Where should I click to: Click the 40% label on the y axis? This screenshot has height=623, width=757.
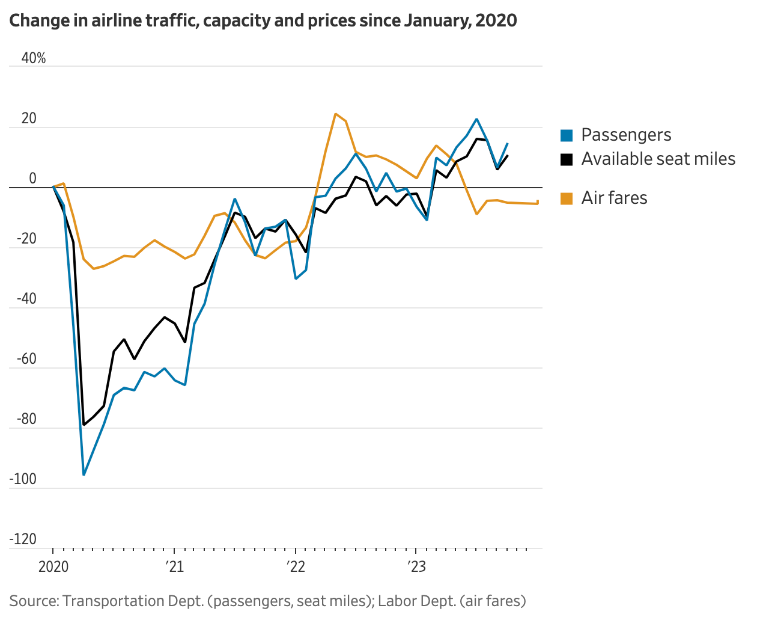(34, 58)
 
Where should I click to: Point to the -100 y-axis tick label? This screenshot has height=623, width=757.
(23, 479)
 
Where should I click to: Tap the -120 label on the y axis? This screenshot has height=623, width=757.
(23, 539)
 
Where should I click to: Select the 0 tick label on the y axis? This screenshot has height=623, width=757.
(32, 179)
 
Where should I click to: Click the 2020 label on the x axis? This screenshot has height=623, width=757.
(53, 567)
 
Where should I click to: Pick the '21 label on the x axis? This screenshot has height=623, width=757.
(175, 567)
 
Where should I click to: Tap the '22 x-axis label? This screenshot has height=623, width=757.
(296, 567)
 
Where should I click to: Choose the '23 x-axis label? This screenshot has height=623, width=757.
(416, 567)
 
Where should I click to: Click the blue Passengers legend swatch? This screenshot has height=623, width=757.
(567, 135)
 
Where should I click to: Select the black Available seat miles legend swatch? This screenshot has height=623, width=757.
(567, 159)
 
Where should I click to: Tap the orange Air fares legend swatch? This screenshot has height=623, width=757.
(567, 198)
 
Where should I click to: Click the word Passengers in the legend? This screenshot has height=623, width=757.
(626, 135)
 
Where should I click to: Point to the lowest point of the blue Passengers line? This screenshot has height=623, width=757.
(84, 474)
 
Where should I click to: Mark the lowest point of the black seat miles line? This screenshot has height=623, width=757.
(84, 425)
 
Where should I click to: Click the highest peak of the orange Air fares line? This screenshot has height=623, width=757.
(335, 114)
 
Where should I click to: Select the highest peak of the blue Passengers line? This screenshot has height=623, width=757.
(476, 119)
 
